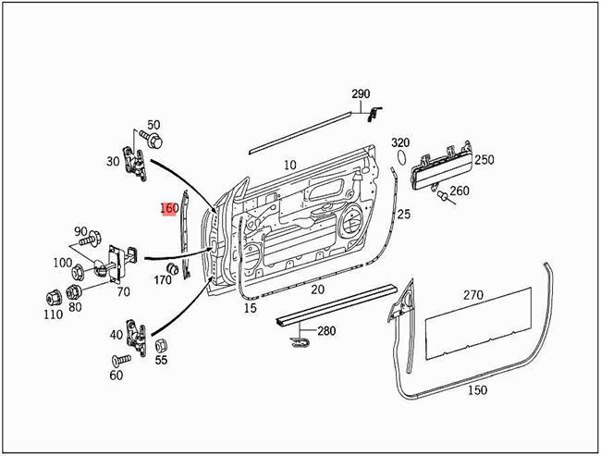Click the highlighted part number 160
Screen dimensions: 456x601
pyautogui.click(x=169, y=208)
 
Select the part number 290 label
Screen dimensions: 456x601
pyautogui.click(x=360, y=95)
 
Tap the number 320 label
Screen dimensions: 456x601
pyautogui.click(x=399, y=142)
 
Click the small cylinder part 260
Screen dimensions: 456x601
pyautogui.click(x=443, y=196)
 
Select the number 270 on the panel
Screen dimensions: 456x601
pyautogui.click(x=472, y=296)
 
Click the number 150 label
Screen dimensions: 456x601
pyautogui.click(x=477, y=389)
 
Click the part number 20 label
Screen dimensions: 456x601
pyautogui.click(x=317, y=289)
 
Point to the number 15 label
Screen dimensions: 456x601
pyautogui.click(x=250, y=308)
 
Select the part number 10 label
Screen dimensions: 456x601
pyautogui.click(x=289, y=165)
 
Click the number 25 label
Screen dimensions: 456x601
pyautogui.click(x=403, y=215)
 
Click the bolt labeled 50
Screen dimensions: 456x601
pyautogui.click(x=153, y=141)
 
